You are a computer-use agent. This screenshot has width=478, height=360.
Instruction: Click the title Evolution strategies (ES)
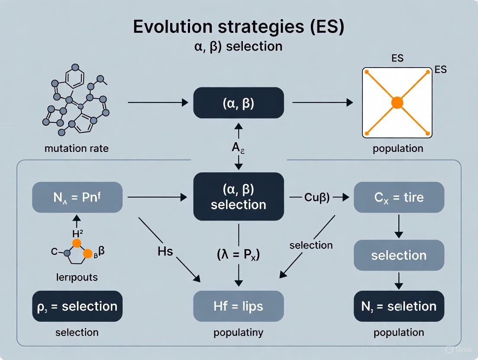tap(239, 26)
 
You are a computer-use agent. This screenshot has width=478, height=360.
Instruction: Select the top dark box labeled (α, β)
tap(239, 103)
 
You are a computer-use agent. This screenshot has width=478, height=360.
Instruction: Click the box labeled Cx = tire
tap(399, 197)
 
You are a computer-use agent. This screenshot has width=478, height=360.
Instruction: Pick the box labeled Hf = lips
tap(239, 306)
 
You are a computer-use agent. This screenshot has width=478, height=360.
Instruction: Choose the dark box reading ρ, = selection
tap(77, 306)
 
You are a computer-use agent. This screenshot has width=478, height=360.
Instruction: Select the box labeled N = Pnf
tap(77, 197)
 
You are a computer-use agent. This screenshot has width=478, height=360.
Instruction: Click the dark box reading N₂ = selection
tap(399, 306)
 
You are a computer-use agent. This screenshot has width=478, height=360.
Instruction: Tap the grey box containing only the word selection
tap(399, 255)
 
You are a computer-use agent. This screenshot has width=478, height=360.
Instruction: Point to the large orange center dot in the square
tap(397, 103)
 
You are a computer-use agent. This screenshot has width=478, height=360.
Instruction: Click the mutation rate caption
tap(77, 148)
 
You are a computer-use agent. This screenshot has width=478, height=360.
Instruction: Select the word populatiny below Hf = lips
tap(239, 333)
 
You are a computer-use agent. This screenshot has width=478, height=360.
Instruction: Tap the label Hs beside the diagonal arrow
tap(166, 251)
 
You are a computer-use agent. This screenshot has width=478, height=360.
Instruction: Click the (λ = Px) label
tap(239, 254)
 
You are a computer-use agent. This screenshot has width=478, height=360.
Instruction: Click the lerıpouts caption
tap(77, 277)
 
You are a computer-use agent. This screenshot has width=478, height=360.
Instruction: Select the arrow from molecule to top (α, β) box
tap(158, 103)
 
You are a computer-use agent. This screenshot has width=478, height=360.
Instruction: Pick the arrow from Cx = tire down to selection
tap(399, 226)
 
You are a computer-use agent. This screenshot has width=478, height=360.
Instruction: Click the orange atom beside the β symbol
tap(88, 254)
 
